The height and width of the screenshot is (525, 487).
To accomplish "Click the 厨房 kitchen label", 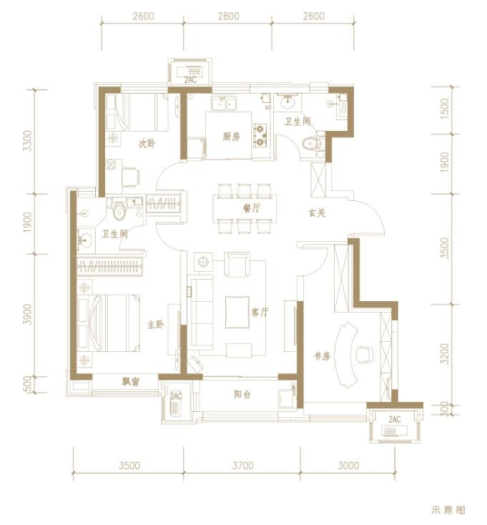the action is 231,137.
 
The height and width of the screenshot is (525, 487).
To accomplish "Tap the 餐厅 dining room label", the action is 251,208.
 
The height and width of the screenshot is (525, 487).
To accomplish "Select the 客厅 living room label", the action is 260,313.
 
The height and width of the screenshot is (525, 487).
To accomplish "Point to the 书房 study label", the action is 322,356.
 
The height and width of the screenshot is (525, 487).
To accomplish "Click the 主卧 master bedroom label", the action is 156,325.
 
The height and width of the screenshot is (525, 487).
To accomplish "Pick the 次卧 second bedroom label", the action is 147,144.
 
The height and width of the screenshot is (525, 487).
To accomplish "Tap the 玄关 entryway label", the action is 317,213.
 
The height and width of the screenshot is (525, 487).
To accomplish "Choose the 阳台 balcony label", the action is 242,394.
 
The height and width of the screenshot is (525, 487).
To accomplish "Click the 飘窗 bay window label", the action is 131,381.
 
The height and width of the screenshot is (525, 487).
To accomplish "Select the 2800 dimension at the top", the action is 229,16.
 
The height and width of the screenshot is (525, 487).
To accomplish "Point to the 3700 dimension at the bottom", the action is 242,466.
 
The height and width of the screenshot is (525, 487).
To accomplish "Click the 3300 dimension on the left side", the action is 28,141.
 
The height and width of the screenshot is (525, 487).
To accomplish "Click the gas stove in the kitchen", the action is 260,136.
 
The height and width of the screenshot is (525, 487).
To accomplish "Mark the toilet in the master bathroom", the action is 119,210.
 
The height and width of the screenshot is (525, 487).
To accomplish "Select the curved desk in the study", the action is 345,355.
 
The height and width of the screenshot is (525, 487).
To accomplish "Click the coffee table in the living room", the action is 237,313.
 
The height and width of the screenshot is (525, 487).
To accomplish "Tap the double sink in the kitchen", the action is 223,103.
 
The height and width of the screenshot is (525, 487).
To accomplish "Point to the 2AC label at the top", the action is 190,80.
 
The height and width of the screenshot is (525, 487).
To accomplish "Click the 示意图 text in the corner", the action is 448,510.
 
